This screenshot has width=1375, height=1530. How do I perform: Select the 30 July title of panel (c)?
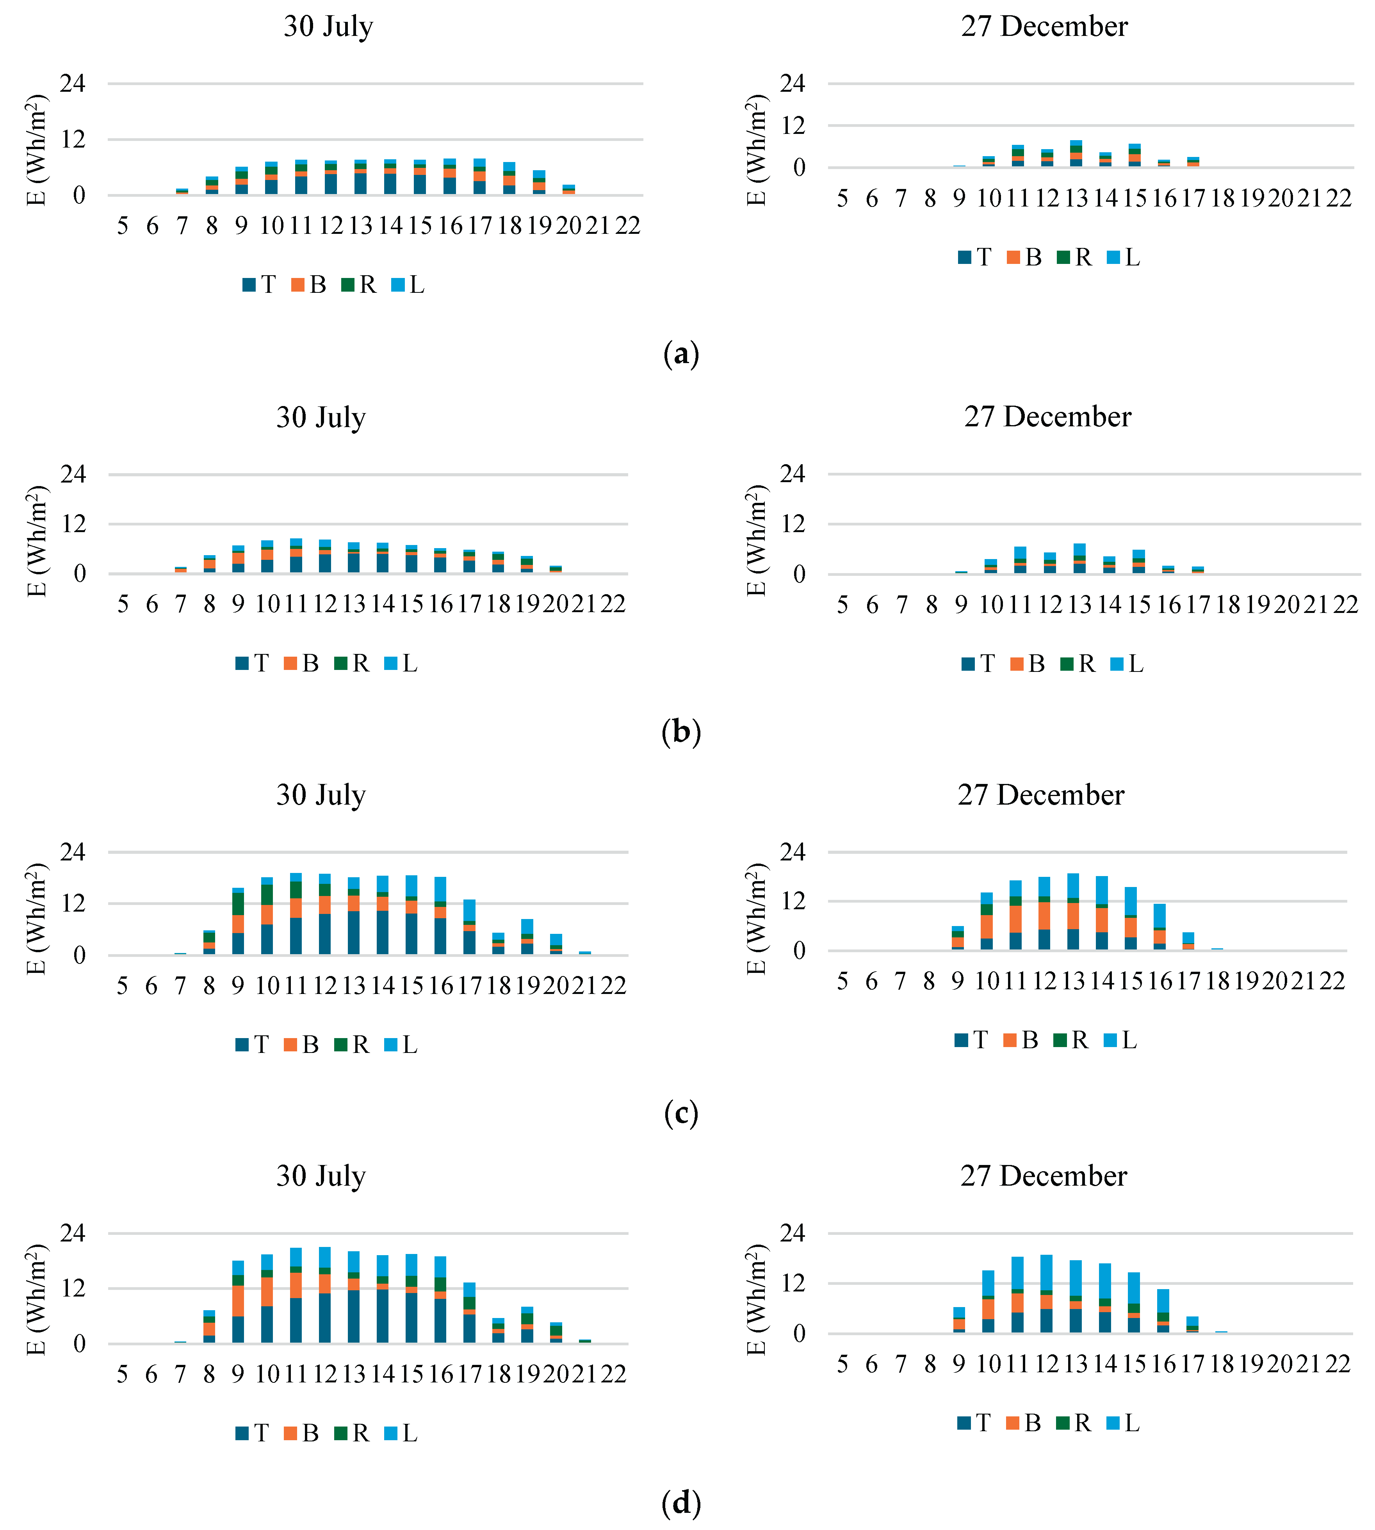321,795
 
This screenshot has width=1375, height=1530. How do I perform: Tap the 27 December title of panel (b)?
1047,416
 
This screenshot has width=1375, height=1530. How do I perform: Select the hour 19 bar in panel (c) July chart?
527,938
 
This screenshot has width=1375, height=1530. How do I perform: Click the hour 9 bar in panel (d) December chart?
959,1321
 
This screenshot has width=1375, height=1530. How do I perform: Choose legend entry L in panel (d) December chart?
1124,1423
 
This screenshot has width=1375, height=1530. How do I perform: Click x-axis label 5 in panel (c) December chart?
842,981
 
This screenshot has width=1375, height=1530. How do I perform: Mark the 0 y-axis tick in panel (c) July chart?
79,955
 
